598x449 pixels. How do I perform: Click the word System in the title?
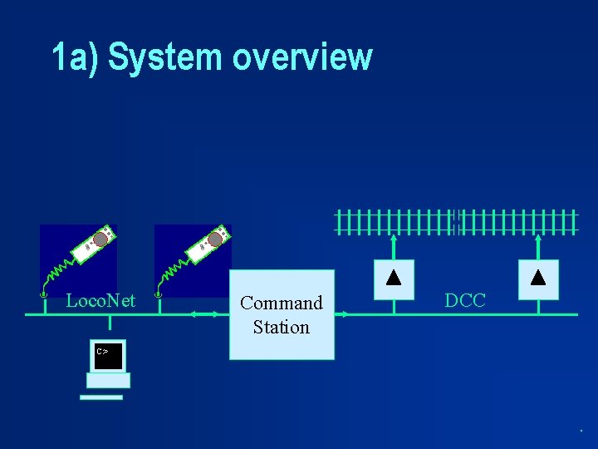coord(166,58)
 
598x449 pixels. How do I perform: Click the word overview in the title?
coord(302,58)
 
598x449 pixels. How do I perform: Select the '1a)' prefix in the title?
coord(75,58)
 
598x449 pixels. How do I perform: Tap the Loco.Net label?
coord(100,300)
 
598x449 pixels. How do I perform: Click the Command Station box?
coord(282,314)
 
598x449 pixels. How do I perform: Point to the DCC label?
coord(465,301)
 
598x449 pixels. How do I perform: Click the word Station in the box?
coord(282,328)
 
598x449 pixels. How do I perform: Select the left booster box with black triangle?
coord(395,279)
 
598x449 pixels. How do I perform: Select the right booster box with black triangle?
coord(538,279)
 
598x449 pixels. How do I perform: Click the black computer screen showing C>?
coord(108,355)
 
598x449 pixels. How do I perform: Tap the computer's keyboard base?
coord(108,381)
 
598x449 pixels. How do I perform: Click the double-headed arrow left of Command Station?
coord(204,313)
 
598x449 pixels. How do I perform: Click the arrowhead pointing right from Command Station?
coord(346,313)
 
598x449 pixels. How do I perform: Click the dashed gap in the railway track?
coord(456,222)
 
